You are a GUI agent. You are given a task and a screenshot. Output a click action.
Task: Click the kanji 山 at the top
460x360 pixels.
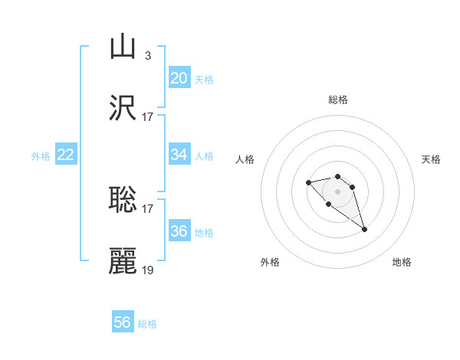coord(123,47)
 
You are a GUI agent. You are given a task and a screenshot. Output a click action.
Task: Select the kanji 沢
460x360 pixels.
coord(123,109)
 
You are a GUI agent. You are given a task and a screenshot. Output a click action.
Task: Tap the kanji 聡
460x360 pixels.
coord(123,200)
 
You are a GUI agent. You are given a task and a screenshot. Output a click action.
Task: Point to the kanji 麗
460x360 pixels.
coord(123,261)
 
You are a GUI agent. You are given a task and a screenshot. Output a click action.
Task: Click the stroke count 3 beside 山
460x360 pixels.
coord(147,55)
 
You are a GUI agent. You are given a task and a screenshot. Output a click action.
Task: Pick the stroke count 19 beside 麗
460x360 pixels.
coord(148,270)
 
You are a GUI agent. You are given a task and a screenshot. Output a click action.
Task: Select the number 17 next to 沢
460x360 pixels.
coord(148,116)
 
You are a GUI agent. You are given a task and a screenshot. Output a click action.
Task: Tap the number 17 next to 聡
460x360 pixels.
coord(148,208)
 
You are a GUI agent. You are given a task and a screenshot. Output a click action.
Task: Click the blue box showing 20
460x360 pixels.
coord(179,78)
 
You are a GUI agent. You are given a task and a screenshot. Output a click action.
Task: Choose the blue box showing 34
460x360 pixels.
coord(179,155)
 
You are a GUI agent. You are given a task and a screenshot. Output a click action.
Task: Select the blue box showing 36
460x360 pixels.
coord(179,231)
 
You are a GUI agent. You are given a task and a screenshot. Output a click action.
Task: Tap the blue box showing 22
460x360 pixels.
coord(66,155)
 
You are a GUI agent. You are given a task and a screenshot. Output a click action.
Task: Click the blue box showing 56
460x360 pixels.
coord(123,322)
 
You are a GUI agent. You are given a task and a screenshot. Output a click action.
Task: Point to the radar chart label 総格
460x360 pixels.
coord(338,100)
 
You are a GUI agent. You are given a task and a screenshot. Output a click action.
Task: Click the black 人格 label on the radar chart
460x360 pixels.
coord(245,159)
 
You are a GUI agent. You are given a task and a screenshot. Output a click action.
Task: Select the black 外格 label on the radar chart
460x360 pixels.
coord(270,262)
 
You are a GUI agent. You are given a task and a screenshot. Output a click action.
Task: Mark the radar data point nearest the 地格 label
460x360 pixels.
coord(365,229)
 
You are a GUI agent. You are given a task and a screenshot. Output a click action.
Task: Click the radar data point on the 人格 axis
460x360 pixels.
coord(308,182)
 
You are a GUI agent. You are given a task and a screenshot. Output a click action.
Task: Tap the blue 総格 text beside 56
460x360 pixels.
coord(147,324)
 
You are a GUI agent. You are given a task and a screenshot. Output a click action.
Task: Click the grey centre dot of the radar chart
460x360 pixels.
coord(338,191)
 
